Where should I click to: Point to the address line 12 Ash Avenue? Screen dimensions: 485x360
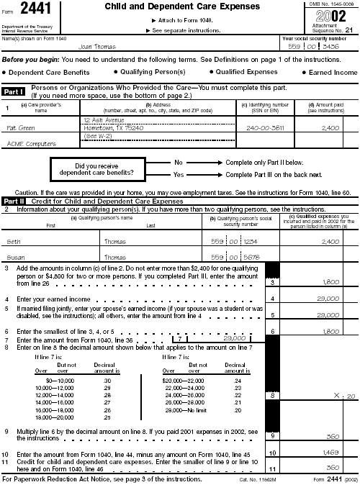coord(104,119)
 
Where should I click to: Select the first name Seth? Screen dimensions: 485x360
coord(14,241)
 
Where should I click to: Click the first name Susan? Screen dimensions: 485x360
coord(16,256)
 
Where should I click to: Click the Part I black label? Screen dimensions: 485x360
coord(15,92)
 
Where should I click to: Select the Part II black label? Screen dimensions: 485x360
coord(15,201)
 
